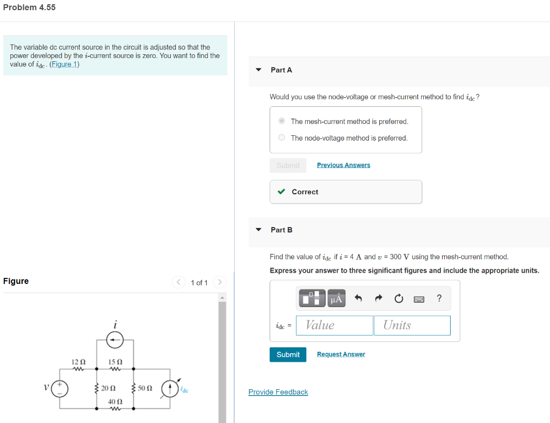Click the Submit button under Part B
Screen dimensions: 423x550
click(288, 354)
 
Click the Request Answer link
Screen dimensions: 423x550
click(341, 354)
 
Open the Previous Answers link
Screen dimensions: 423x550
click(343, 165)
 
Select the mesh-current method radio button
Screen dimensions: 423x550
click(282, 121)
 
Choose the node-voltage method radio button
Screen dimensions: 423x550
click(282, 138)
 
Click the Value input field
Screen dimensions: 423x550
click(336, 325)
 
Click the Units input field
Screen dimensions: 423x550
click(412, 325)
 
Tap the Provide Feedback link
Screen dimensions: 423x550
click(278, 392)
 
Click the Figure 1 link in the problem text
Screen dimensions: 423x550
click(64, 64)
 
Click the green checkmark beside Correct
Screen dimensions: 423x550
click(281, 192)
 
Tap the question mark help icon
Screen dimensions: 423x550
click(439, 298)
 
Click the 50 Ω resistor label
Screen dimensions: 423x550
click(145, 388)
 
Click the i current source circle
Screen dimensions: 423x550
click(115, 339)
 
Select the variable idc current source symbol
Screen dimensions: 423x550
click(170, 388)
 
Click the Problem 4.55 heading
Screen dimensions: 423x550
click(29, 8)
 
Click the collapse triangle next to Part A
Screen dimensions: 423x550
click(258, 70)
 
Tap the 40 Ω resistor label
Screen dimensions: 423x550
click(115, 402)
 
